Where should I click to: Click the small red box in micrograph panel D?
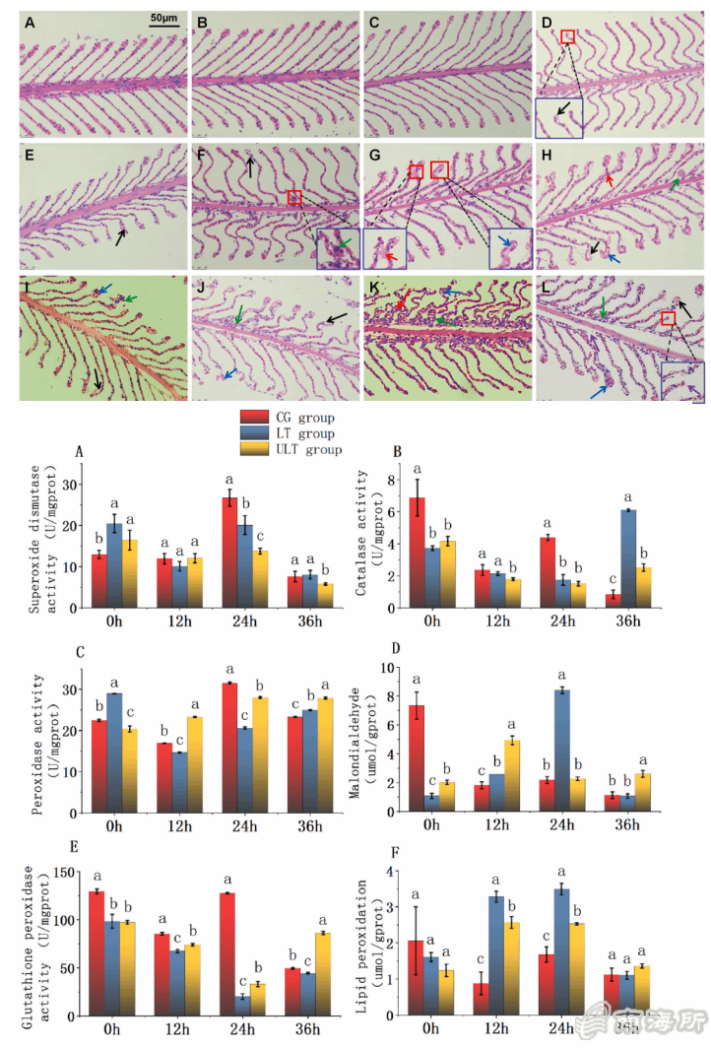pos(566,36)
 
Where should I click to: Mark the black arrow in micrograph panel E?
pos(119,236)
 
